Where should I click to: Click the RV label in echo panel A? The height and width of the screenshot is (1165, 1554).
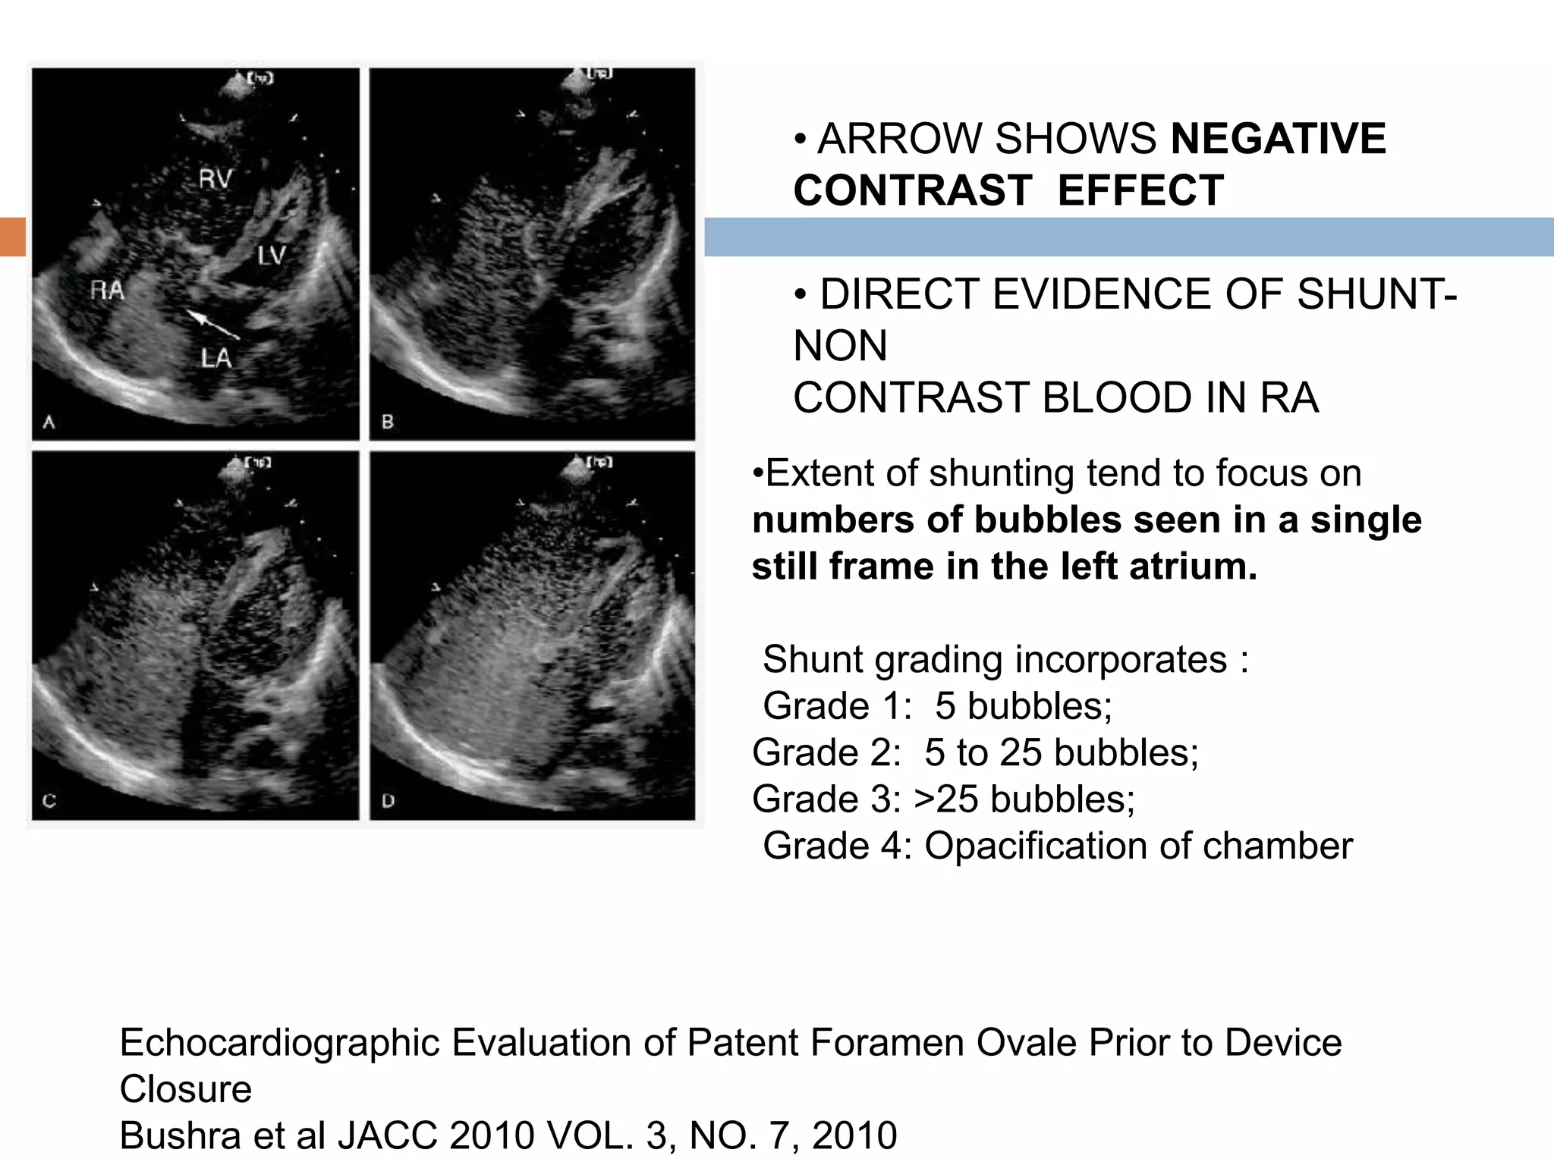coord(215,180)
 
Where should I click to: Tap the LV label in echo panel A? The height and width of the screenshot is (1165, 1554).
coord(271,256)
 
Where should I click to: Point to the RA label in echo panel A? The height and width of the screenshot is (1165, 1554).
coord(107,290)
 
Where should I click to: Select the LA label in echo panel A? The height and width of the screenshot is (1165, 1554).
coord(216,357)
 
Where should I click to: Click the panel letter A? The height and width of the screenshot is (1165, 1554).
coord(49,422)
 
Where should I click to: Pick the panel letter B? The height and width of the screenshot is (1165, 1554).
coord(388,422)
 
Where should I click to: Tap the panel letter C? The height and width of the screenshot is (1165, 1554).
coord(49,800)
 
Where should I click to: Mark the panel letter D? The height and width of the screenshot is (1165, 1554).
coord(388,800)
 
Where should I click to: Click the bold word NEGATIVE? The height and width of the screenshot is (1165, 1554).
coord(1279,139)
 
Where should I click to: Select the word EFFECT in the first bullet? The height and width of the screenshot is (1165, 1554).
coord(1140,190)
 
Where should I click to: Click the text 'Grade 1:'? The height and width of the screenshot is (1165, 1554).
coord(837,706)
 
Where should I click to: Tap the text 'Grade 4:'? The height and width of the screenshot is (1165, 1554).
coord(837,846)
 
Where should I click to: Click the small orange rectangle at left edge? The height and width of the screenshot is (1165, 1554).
coord(13,237)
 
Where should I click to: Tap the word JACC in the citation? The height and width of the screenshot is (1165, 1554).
coord(387,1135)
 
